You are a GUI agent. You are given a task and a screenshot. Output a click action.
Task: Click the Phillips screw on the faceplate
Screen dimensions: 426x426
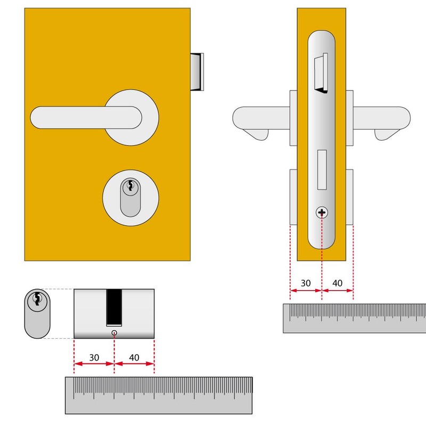point(322,213)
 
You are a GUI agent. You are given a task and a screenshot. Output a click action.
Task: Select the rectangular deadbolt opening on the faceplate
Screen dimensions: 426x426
point(322,170)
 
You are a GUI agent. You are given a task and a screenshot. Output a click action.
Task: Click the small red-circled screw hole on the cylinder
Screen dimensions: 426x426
point(114,333)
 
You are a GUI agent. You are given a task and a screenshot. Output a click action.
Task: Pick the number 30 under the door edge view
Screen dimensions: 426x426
point(306,283)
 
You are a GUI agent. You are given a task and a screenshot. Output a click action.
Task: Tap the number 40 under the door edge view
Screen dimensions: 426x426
point(338,283)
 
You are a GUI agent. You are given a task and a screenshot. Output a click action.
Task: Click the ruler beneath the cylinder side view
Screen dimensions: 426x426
point(159,395)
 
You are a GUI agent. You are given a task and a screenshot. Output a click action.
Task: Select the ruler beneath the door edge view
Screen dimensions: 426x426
point(354,318)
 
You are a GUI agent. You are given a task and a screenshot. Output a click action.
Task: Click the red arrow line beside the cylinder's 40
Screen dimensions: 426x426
point(134,364)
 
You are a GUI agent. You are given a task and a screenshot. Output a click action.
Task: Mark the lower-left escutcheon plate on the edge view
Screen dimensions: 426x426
point(293,197)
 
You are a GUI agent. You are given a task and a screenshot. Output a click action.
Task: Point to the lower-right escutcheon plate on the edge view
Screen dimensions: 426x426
point(350,197)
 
